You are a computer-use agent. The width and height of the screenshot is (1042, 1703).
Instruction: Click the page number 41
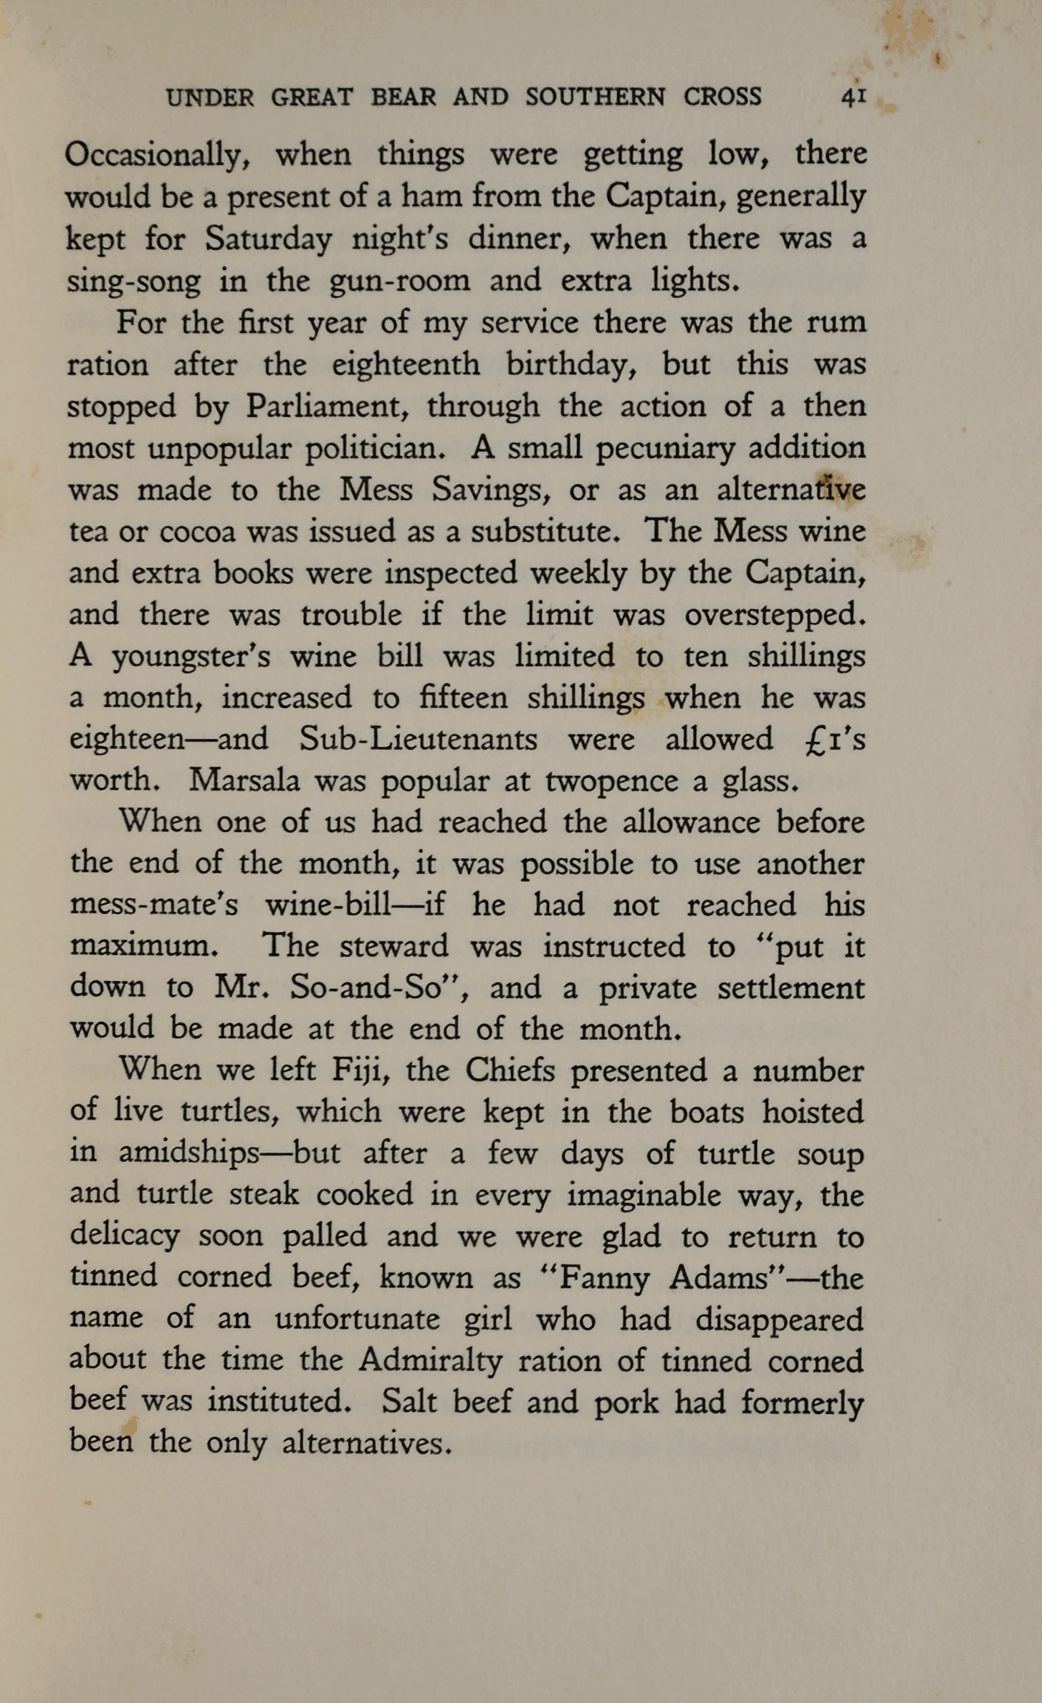(854, 96)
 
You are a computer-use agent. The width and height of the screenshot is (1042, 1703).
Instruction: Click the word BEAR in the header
(403, 97)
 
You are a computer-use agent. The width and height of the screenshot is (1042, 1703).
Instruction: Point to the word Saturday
(268, 239)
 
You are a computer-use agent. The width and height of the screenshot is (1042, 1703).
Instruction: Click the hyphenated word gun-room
(399, 281)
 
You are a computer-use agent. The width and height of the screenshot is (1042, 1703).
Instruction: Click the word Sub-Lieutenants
(418, 739)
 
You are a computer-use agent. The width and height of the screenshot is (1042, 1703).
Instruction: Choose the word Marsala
(244, 780)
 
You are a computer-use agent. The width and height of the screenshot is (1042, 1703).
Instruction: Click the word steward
(393, 946)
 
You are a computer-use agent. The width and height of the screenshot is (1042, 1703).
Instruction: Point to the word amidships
(188, 1153)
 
